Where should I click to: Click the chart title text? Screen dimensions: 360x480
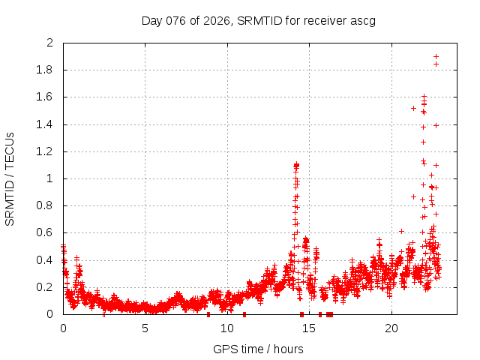258,20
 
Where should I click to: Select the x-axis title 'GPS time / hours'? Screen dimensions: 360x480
258,349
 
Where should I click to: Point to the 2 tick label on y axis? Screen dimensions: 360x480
50,43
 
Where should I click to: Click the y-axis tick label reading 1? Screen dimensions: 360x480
50,178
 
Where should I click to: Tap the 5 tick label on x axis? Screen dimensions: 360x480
145,328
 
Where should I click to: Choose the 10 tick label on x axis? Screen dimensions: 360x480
227,328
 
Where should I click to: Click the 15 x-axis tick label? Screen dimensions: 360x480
309,328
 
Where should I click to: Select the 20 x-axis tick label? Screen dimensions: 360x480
391,328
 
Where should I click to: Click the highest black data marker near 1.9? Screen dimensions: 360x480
436,56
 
